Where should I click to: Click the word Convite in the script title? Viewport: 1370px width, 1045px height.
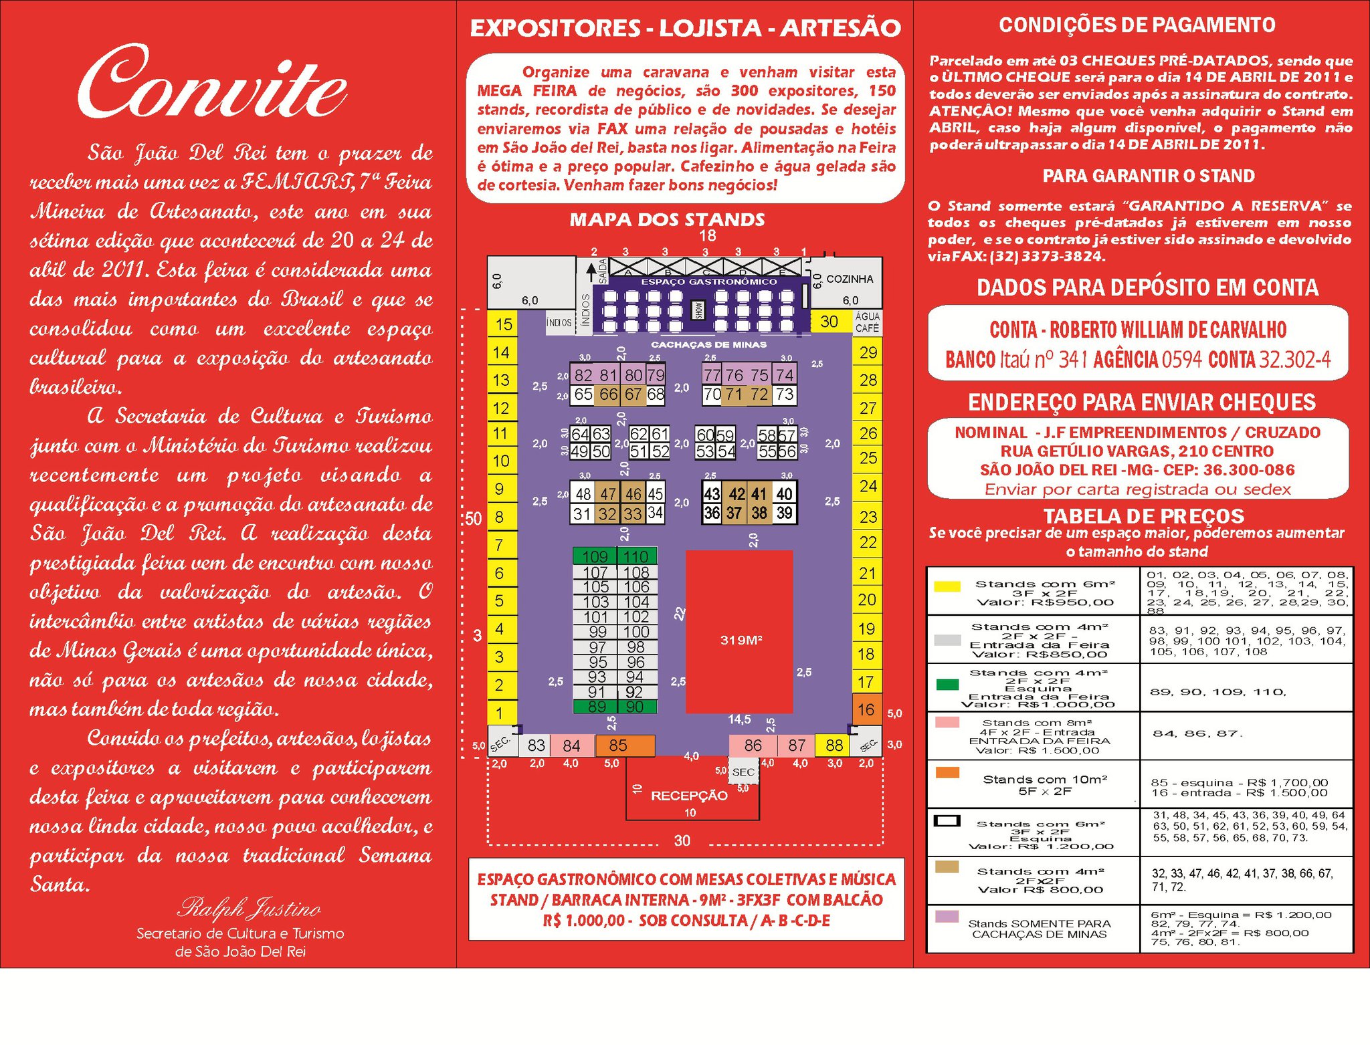point(213,85)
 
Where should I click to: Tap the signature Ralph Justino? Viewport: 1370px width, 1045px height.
point(249,908)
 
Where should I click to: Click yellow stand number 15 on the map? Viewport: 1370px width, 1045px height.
point(503,324)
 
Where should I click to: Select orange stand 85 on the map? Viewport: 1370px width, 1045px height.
point(618,745)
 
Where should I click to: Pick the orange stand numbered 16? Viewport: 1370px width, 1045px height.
point(866,709)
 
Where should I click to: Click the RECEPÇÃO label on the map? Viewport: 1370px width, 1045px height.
point(689,795)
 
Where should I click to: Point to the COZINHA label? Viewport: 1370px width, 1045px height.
point(850,279)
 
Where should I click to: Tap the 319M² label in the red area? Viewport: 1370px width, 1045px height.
point(741,640)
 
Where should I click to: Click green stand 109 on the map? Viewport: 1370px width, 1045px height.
point(595,556)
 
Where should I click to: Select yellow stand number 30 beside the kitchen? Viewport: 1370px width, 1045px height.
point(829,322)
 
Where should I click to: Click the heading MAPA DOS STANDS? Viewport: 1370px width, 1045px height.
point(667,219)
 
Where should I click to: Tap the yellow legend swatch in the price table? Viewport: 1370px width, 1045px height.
point(947,586)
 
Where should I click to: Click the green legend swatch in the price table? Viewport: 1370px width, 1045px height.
point(947,684)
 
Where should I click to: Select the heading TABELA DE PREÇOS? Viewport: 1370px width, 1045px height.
point(1143,515)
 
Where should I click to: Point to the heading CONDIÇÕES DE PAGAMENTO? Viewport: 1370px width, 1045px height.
point(1137,25)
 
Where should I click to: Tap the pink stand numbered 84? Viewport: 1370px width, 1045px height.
point(571,745)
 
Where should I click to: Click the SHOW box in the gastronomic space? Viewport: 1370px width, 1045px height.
point(696,310)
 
